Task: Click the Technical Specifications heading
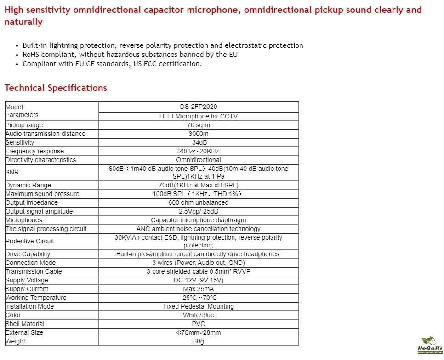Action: click(56, 88)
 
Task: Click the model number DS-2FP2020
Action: click(199, 107)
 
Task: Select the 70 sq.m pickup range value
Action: click(199, 125)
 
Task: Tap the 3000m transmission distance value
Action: click(199, 134)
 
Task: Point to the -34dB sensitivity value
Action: click(199, 142)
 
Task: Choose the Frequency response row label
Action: click(34, 151)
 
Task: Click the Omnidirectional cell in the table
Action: click(199, 160)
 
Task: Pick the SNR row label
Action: click(11, 172)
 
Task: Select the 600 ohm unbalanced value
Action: click(199, 202)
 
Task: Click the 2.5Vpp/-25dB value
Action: click(199, 211)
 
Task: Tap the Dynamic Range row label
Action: click(28, 185)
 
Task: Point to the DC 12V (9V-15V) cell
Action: click(199, 280)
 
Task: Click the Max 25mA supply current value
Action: click(199, 289)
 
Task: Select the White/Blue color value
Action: click(199, 315)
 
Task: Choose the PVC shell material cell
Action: click(199, 324)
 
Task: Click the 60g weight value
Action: click(199, 341)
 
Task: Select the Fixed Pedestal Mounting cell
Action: click(199, 306)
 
